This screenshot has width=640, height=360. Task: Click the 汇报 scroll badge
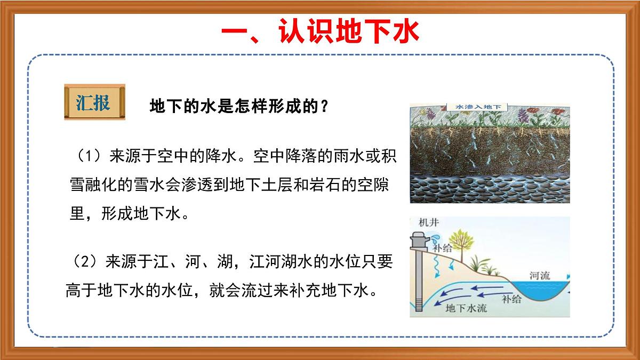point(94,102)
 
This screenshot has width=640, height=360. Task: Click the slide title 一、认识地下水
point(320,30)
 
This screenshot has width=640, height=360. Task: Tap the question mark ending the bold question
point(323,107)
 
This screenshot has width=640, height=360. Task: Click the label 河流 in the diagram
point(540,276)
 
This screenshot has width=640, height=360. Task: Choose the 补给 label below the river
point(511,298)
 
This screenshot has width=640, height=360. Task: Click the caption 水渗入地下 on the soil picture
point(477,107)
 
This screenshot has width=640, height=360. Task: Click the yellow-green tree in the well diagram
point(460,237)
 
